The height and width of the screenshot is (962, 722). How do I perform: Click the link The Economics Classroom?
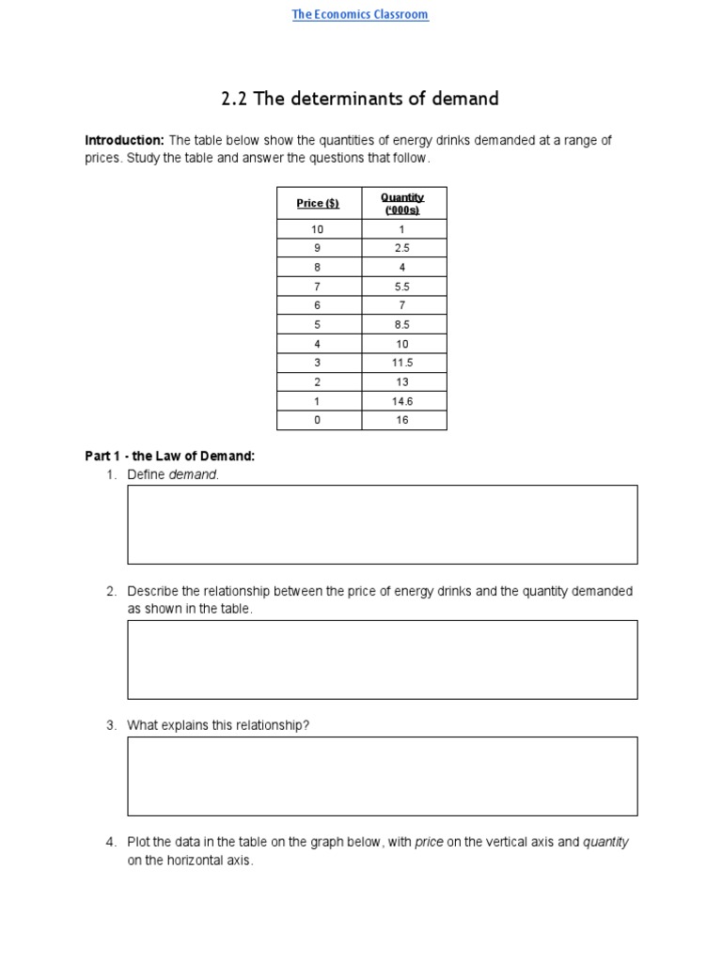click(x=360, y=14)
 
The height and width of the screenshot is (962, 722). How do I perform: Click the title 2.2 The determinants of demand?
click(x=360, y=99)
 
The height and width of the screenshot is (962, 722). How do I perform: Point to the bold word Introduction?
click(x=124, y=140)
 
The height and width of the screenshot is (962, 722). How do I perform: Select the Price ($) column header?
click(x=318, y=203)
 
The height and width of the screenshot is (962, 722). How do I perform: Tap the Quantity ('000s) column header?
click(x=402, y=203)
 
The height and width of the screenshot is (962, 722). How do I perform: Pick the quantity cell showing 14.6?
click(x=402, y=401)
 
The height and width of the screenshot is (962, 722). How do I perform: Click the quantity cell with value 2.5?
click(x=402, y=248)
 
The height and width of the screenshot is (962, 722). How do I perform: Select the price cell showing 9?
click(x=318, y=248)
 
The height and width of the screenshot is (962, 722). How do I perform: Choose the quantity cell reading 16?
click(x=402, y=420)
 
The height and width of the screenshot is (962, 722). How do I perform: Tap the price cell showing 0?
click(x=318, y=420)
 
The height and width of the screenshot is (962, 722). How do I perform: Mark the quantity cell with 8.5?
click(x=402, y=324)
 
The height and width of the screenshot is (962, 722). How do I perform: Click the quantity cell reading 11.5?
click(x=402, y=363)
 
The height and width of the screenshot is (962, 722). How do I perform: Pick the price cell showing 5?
click(x=318, y=324)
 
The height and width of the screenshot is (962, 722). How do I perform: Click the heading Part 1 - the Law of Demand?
click(x=170, y=456)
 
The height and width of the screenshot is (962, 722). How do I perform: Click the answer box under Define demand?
click(x=382, y=524)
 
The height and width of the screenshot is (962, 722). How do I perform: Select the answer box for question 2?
click(x=382, y=659)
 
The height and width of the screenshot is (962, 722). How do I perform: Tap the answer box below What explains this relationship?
click(x=382, y=776)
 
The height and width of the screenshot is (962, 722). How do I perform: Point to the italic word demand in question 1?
click(x=193, y=474)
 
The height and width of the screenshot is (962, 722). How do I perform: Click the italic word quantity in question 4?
click(x=605, y=842)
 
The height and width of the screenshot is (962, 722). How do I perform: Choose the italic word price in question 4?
click(x=429, y=842)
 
